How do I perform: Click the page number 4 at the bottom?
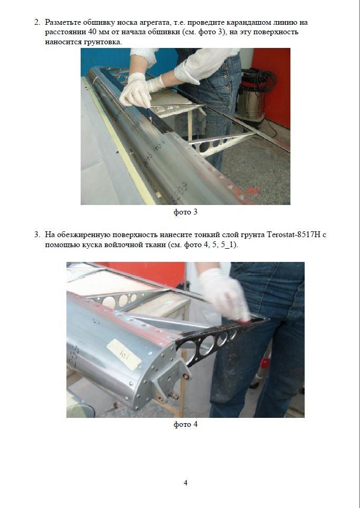(x=186, y=483)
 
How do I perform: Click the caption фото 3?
(x=186, y=212)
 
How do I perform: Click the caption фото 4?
(x=186, y=424)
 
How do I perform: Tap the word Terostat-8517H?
(x=294, y=235)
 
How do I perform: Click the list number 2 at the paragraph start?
(x=37, y=22)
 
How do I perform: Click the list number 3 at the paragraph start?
(x=37, y=235)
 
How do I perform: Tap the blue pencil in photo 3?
(x=149, y=114)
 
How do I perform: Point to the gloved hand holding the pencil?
(x=136, y=91)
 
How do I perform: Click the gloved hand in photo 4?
(x=224, y=294)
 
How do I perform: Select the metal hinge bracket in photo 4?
(x=172, y=378)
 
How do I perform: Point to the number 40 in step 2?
(x=93, y=32)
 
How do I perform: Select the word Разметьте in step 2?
(x=63, y=23)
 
